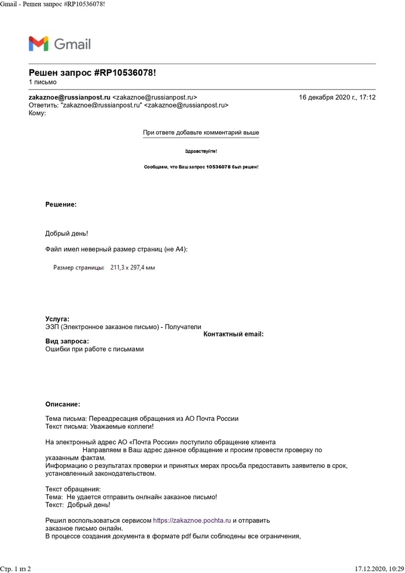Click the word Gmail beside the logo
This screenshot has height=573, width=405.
(x=72, y=44)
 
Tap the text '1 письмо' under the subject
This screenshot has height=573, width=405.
(x=43, y=82)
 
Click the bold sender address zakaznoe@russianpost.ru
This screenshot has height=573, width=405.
(x=69, y=98)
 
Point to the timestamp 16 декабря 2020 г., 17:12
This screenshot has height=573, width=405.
(x=337, y=98)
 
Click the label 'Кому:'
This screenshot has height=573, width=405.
(x=37, y=113)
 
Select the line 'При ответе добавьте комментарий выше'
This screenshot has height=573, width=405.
(x=201, y=133)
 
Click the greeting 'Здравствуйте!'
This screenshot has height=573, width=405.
(x=201, y=151)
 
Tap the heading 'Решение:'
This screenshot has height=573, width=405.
(x=61, y=204)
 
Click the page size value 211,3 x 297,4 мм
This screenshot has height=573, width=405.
(x=132, y=268)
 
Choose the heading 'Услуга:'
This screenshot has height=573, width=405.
(x=57, y=319)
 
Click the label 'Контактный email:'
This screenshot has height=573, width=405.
(x=234, y=334)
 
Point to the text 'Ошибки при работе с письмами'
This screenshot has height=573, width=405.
(x=94, y=349)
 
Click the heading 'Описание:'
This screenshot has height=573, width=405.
(x=62, y=404)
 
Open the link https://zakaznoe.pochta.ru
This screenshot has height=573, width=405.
(x=192, y=520)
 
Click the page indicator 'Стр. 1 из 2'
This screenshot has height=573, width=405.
(x=16, y=569)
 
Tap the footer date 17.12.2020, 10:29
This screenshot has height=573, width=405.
(x=379, y=569)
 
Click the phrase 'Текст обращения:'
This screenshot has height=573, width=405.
(x=73, y=489)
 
